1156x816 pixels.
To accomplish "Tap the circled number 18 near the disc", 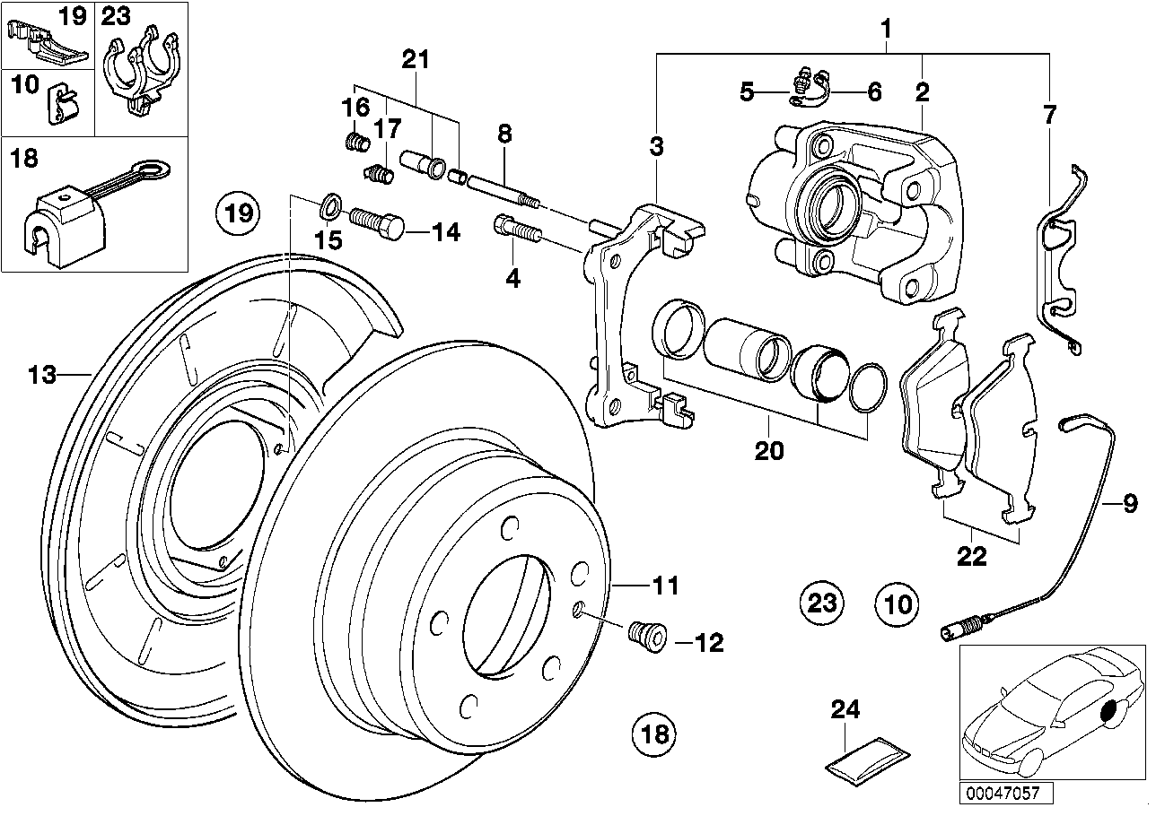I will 655,735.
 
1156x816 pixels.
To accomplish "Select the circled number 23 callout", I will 823,603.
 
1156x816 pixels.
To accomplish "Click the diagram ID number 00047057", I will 1003,794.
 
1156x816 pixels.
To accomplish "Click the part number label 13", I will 42,374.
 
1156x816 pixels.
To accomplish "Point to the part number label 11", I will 665,586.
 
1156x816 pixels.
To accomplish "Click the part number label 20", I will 769,451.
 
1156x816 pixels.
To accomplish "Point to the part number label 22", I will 972,557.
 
